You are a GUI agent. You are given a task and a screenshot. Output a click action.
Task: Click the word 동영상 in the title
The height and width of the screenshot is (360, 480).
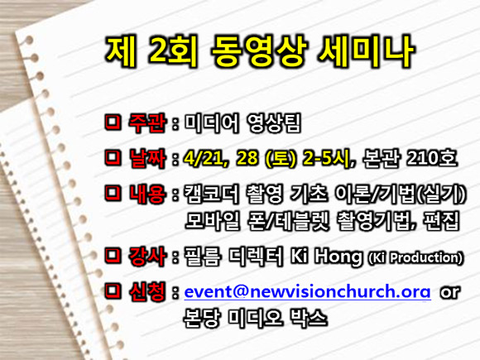click(x=259, y=51)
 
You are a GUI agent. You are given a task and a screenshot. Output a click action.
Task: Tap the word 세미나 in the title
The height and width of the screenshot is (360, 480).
click(x=366, y=51)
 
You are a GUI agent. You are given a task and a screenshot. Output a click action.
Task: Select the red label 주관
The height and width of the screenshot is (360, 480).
click(x=147, y=123)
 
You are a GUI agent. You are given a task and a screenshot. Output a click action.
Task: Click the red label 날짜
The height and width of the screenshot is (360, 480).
click(x=147, y=158)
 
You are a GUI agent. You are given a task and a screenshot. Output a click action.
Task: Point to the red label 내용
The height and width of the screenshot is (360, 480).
click(x=147, y=194)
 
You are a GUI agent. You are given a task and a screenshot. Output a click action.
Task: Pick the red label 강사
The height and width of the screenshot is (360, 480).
click(x=147, y=256)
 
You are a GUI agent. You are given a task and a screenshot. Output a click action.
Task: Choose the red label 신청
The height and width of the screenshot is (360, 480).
click(x=147, y=291)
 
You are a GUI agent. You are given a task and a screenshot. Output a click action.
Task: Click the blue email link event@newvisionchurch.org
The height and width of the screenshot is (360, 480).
click(x=307, y=292)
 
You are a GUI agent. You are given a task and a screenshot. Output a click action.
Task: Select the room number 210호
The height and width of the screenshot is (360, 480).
click(x=432, y=158)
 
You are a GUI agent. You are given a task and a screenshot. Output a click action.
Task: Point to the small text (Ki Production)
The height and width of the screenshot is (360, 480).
click(x=415, y=257)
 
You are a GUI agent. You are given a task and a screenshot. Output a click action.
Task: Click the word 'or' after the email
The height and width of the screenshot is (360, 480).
click(x=449, y=292)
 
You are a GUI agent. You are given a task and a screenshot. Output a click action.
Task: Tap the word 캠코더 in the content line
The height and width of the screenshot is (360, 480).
click(x=211, y=194)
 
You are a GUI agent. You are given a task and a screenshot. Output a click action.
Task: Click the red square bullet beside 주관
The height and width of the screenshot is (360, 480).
click(x=113, y=123)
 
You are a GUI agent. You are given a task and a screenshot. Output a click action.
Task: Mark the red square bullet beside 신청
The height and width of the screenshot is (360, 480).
click(x=113, y=291)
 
